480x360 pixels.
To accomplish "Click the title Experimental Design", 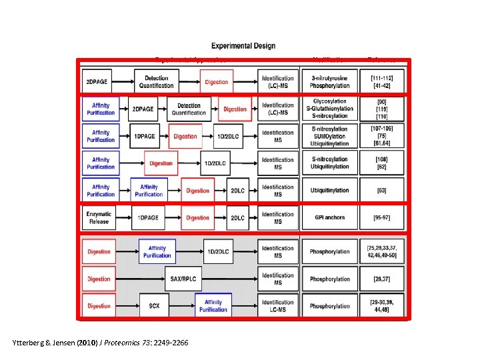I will [243, 46].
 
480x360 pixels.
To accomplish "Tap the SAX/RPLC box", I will [183, 279].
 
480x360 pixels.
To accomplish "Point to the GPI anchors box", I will [329, 218].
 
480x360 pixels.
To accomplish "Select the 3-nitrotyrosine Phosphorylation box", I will [329, 82].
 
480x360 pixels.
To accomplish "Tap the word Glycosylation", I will [329, 101].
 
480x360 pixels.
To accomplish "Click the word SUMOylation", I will [329, 136].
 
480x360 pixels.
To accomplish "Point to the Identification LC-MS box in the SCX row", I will [277, 306].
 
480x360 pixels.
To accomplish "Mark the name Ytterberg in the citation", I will [29, 343].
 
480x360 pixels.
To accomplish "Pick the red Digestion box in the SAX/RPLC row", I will [99, 279].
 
